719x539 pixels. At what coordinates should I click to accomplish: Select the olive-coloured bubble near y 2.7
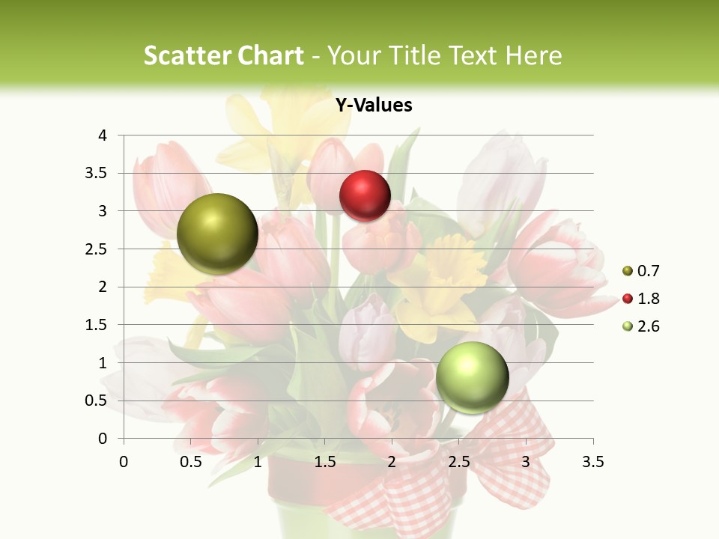(217, 234)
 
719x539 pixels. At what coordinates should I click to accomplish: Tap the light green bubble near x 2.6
(472, 377)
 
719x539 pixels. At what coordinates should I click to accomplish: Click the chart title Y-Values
(373, 106)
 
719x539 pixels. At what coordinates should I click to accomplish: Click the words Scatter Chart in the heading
(223, 55)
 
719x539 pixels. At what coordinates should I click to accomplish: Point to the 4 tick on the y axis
(103, 135)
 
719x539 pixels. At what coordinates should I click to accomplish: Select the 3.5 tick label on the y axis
(98, 173)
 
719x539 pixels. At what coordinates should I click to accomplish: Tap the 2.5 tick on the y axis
(98, 249)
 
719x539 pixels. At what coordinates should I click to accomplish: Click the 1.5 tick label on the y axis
(98, 325)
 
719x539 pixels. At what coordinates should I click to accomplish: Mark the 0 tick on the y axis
(103, 439)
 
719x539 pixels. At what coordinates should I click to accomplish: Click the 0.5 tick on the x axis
(191, 463)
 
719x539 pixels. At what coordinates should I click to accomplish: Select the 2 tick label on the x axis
(392, 463)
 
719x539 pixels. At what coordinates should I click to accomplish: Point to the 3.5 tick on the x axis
(593, 463)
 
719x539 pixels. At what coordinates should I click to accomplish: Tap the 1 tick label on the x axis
(258, 463)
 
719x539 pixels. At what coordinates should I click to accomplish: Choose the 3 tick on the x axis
(526, 463)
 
